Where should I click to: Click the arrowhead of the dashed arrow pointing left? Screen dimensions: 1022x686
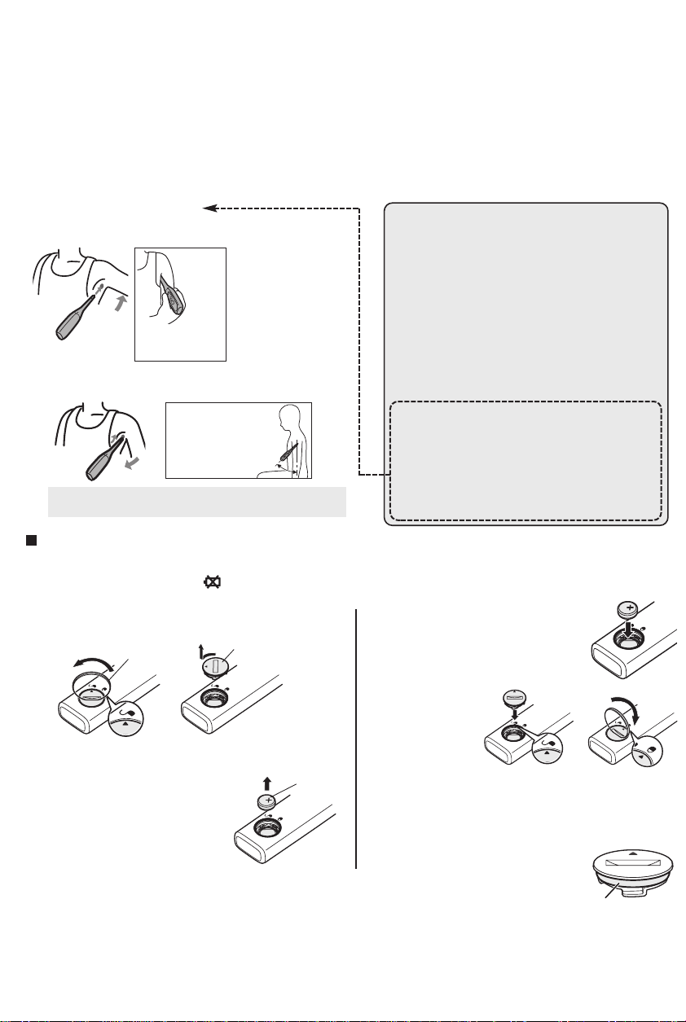[x=209, y=208]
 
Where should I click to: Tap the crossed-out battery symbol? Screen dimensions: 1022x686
[x=198, y=585]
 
